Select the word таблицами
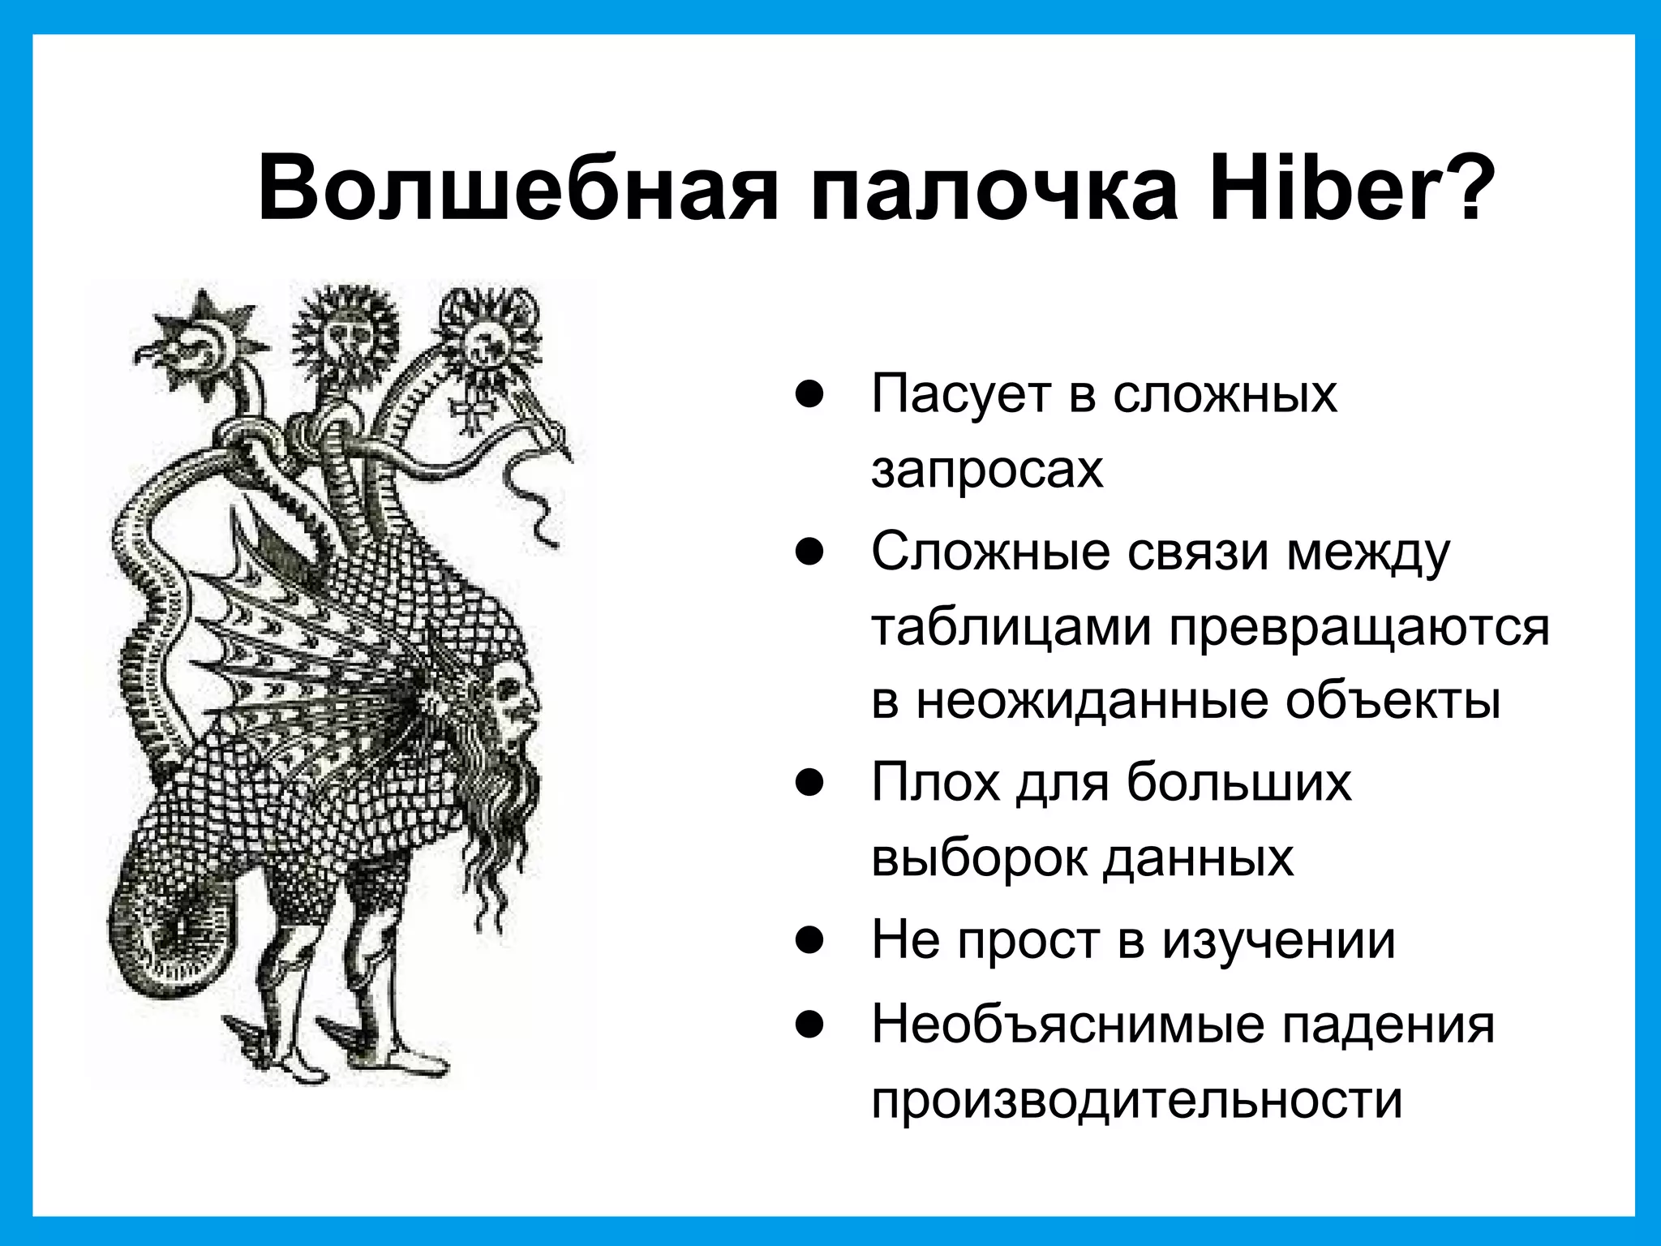pyautogui.click(x=1011, y=627)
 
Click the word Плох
pyautogui.click(x=936, y=783)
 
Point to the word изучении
pyautogui.click(x=1279, y=941)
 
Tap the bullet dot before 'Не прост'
pyautogui.click(x=809, y=941)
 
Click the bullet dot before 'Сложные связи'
pyautogui.click(x=809, y=553)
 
